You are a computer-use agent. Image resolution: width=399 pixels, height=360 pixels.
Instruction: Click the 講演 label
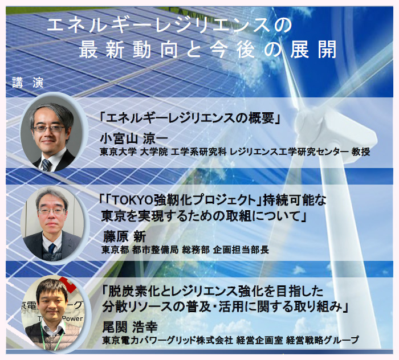[x=28, y=83]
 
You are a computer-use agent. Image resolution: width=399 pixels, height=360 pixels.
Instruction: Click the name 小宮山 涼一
[x=134, y=139]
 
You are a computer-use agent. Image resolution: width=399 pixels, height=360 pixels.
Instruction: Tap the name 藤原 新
[x=124, y=237]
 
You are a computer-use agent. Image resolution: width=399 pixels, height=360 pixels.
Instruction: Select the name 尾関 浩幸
[x=130, y=327]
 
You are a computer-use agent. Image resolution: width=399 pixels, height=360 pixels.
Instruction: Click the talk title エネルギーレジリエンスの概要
[x=190, y=118]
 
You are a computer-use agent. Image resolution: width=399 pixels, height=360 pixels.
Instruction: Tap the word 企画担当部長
[x=241, y=250]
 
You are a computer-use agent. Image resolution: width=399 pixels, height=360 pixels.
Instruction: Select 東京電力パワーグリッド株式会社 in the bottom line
[x=168, y=340]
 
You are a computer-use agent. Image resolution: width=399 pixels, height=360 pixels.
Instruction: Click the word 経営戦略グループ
[x=323, y=340]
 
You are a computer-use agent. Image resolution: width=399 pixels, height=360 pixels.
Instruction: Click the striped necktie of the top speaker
[x=46, y=165]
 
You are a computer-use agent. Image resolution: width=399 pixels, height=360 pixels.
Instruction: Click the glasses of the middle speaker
[x=52, y=211]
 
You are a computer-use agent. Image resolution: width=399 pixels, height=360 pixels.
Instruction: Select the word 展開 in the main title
[x=313, y=50]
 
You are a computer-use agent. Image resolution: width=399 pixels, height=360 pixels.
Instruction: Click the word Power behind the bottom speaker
[x=72, y=318]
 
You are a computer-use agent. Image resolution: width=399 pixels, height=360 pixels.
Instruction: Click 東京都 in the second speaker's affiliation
[x=115, y=250]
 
